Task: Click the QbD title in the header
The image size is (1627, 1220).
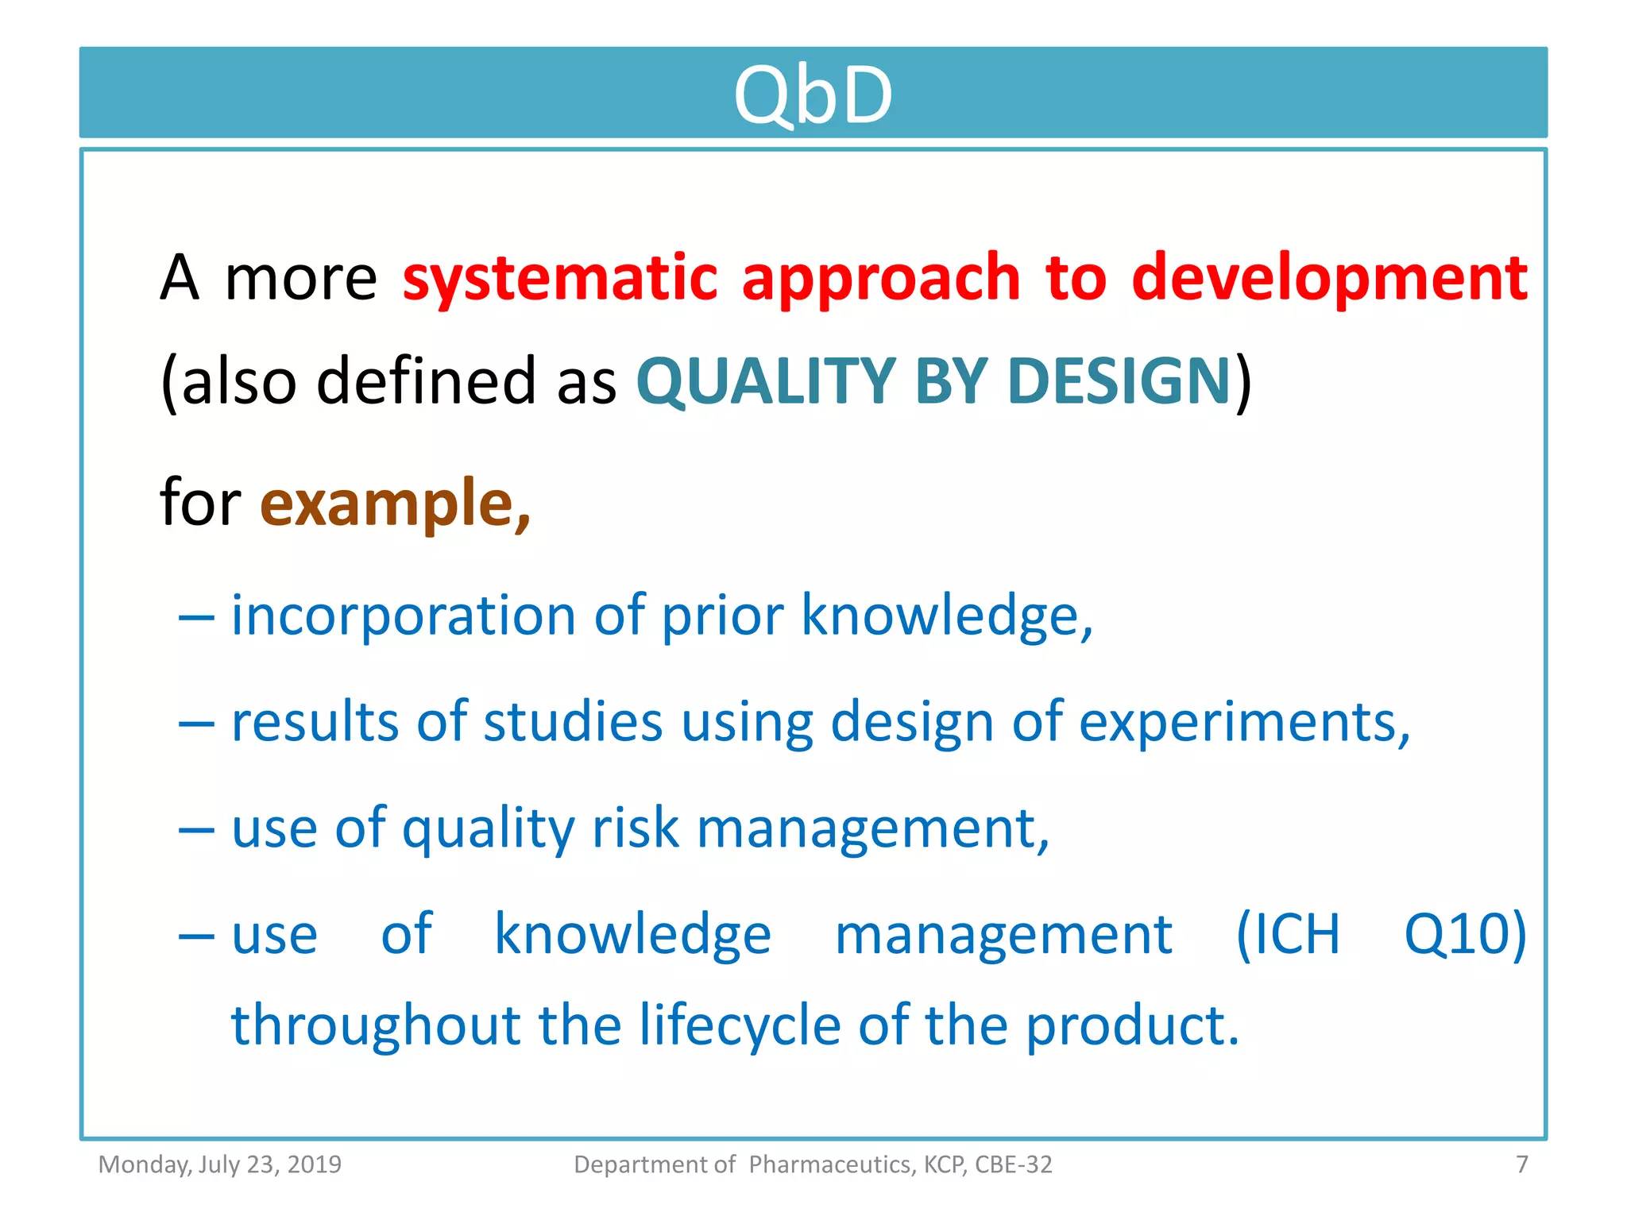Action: point(813,95)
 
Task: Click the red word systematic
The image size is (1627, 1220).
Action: point(560,278)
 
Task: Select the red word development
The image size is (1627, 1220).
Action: point(1329,278)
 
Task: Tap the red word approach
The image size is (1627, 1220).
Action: point(880,278)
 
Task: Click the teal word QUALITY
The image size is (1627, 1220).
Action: point(766,381)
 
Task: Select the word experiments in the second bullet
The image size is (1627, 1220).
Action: point(1243,722)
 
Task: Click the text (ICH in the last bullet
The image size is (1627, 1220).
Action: point(1288,934)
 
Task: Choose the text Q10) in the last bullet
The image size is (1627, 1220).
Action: point(1465,934)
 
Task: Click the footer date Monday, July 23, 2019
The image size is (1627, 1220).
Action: point(219,1164)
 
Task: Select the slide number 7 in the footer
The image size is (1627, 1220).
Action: point(1521,1164)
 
